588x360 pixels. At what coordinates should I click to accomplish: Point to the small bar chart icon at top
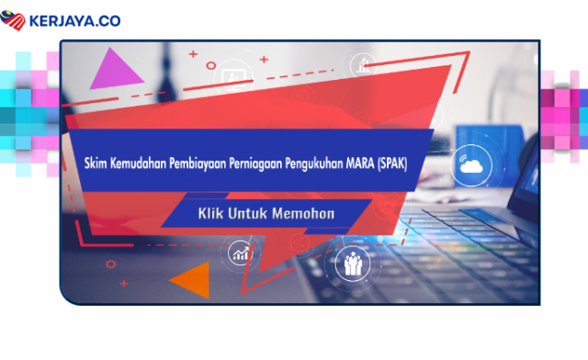pyautogui.click(x=362, y=64)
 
